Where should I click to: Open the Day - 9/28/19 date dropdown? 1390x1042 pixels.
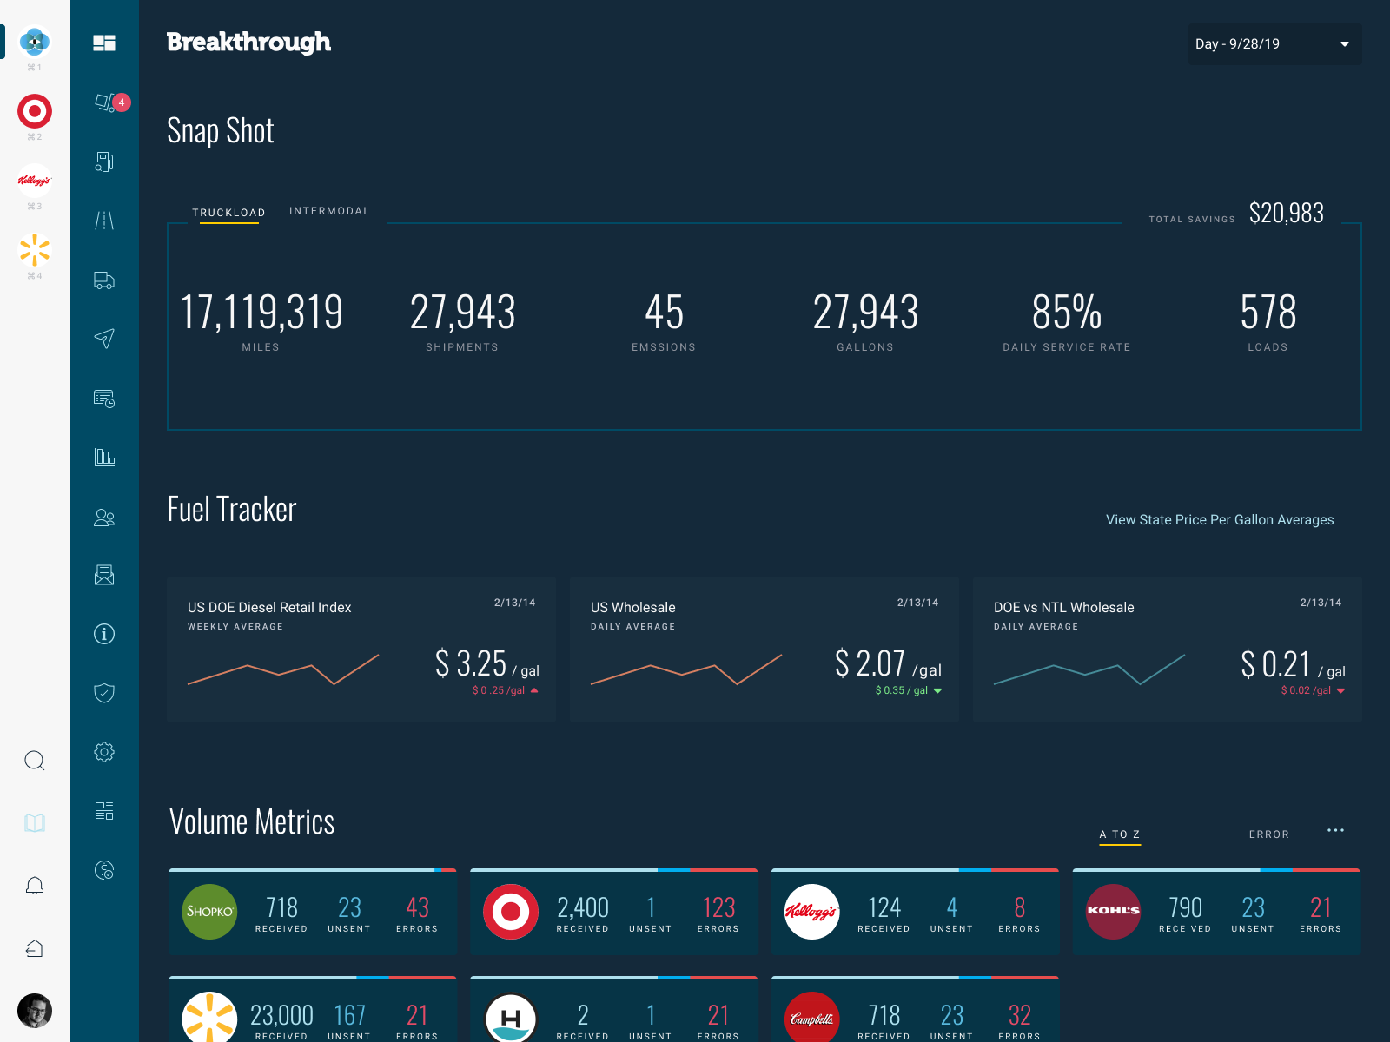[x=1274, y=44]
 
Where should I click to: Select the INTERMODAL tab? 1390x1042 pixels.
[x=329, y=211]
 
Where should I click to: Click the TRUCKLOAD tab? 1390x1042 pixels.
[x=228, y=213]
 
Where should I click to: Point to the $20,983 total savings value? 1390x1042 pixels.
[x=1286, y=214]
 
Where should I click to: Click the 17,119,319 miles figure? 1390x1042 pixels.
[x=261, y=313]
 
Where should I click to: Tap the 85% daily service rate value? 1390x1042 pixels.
[x=1066, y=313]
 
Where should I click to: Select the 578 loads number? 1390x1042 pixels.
[x=1268, y=313]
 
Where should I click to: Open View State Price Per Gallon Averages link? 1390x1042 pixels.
[x=1219, y=520]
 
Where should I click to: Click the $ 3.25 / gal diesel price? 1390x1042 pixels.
[x=472, y=664]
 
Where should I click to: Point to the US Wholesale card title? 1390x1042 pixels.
[x=632, y=608]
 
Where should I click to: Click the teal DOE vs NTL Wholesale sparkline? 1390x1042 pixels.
[x=1089, y=669]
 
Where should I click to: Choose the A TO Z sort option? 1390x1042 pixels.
[x=1120, y=834]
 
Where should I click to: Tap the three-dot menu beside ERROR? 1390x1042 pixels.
[x=1335, y=831]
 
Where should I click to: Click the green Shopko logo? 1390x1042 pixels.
[x=209, y=912]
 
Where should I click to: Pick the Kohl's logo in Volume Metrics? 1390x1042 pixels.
[x=1113, y=912]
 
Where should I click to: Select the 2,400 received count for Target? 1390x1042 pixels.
[x=582, y=908]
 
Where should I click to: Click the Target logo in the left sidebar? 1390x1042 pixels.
[x=35, y=111]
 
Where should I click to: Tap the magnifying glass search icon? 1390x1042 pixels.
[x=35, y=762]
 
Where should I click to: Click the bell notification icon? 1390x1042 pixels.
[x=35, y=887]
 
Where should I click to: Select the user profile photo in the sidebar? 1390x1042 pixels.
[x=35, y=1011]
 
